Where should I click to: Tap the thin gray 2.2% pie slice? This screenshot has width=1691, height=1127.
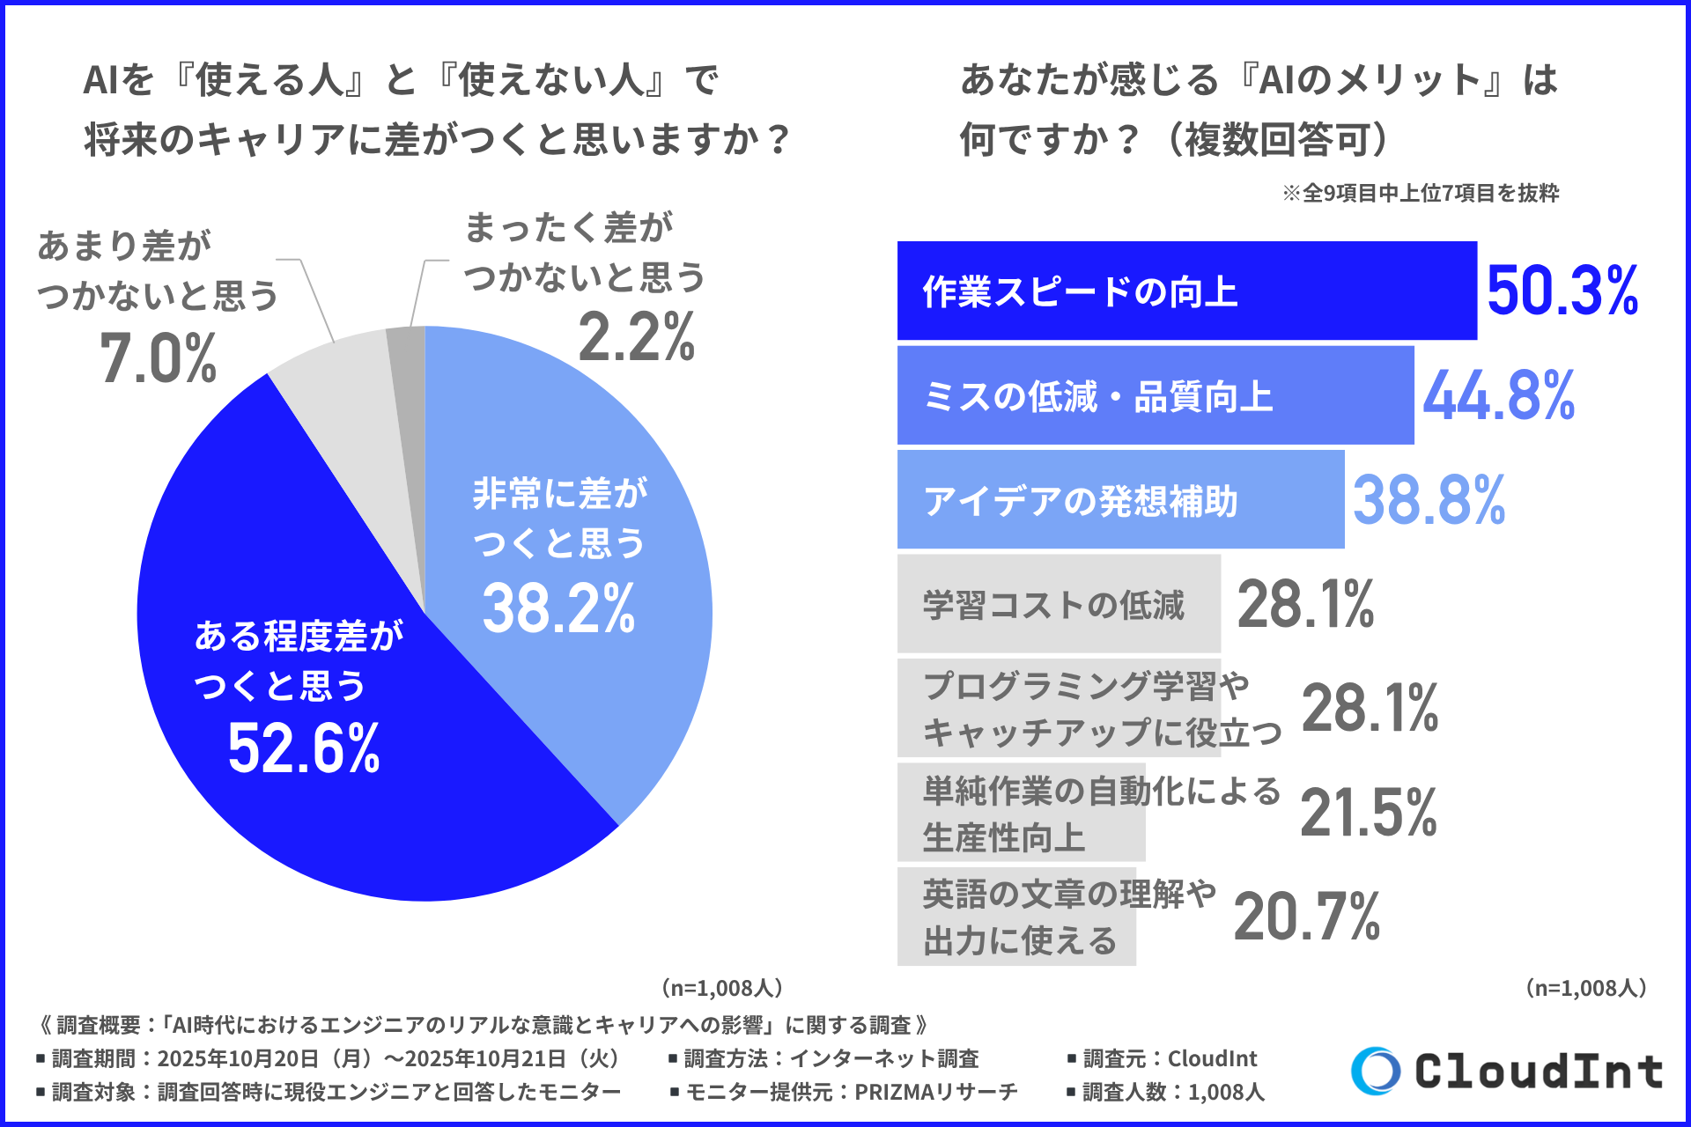pyautogui.click(x=409, y=370)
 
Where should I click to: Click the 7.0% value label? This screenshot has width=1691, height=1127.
pyautogui.click(x=159, y=359)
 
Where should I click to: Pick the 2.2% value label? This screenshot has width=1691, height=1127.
pyautogui.click(x=636, y=337)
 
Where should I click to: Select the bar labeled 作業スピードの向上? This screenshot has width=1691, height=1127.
pyautogui.click(x=1185, y=291)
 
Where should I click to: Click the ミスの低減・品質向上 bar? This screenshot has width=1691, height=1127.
pyautogui.click(x=1154, y=395)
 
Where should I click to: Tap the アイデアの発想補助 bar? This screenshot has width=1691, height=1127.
pyautogui.click(x=1119, y=499)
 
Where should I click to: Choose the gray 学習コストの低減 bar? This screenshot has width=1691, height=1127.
pyautogui.click(x=1058, y=604)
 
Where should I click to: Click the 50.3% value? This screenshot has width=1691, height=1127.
pyautogui.click(x=1562, y=291)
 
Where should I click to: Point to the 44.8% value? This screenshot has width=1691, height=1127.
pyautogui.click(x=1498, y=395)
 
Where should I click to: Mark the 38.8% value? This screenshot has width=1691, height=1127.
pyautogui.click(x=1429, y=499)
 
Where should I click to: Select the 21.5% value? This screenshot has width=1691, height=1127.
pyautogui.click(x=1368, y=812)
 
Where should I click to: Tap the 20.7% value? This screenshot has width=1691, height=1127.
pyautogui.click(x=1306, y=917)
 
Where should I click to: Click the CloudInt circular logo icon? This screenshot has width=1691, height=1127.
pyautogui.click(x=1375, y=1071)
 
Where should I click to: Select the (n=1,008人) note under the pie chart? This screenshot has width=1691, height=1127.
pyautogui.click(x=721, y=988)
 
